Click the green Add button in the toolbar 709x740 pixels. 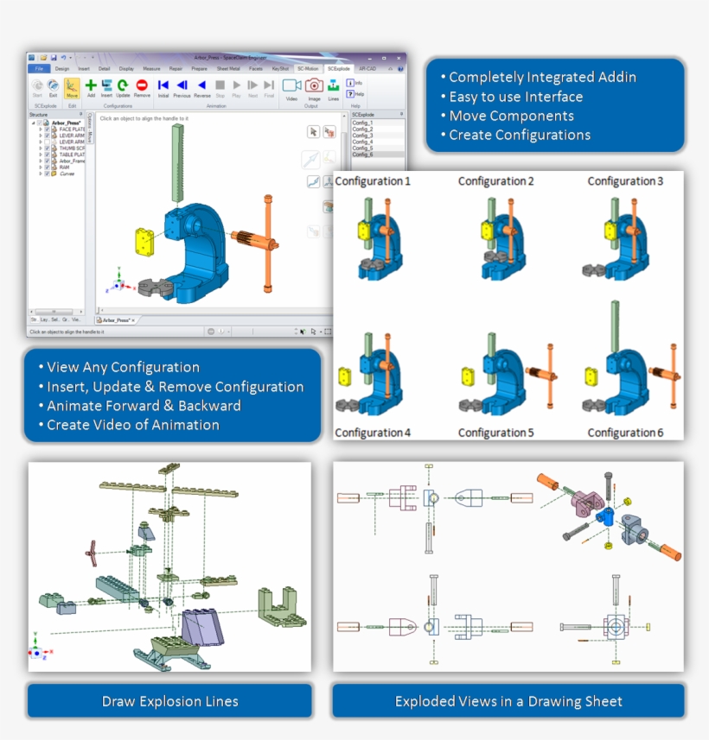pos(91,86)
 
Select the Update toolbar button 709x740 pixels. pos(123,86)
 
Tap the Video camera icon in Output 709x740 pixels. pos(291,86)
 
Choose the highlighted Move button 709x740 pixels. pos(72,87)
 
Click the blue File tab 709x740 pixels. pos(39,68)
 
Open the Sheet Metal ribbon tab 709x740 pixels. pos(228,68)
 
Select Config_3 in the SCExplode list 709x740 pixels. pos(363,136)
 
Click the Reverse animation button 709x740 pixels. pos(201,86)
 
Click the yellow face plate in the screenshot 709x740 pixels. pos(144,240)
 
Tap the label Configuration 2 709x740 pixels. pos(495,181)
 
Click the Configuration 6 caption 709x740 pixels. pos(625,433)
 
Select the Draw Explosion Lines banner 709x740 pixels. pos(169,701)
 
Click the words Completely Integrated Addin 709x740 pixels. pos(542,78)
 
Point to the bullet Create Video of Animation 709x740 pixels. pos(132,425)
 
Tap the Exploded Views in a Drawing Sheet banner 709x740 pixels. pos(508,701)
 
